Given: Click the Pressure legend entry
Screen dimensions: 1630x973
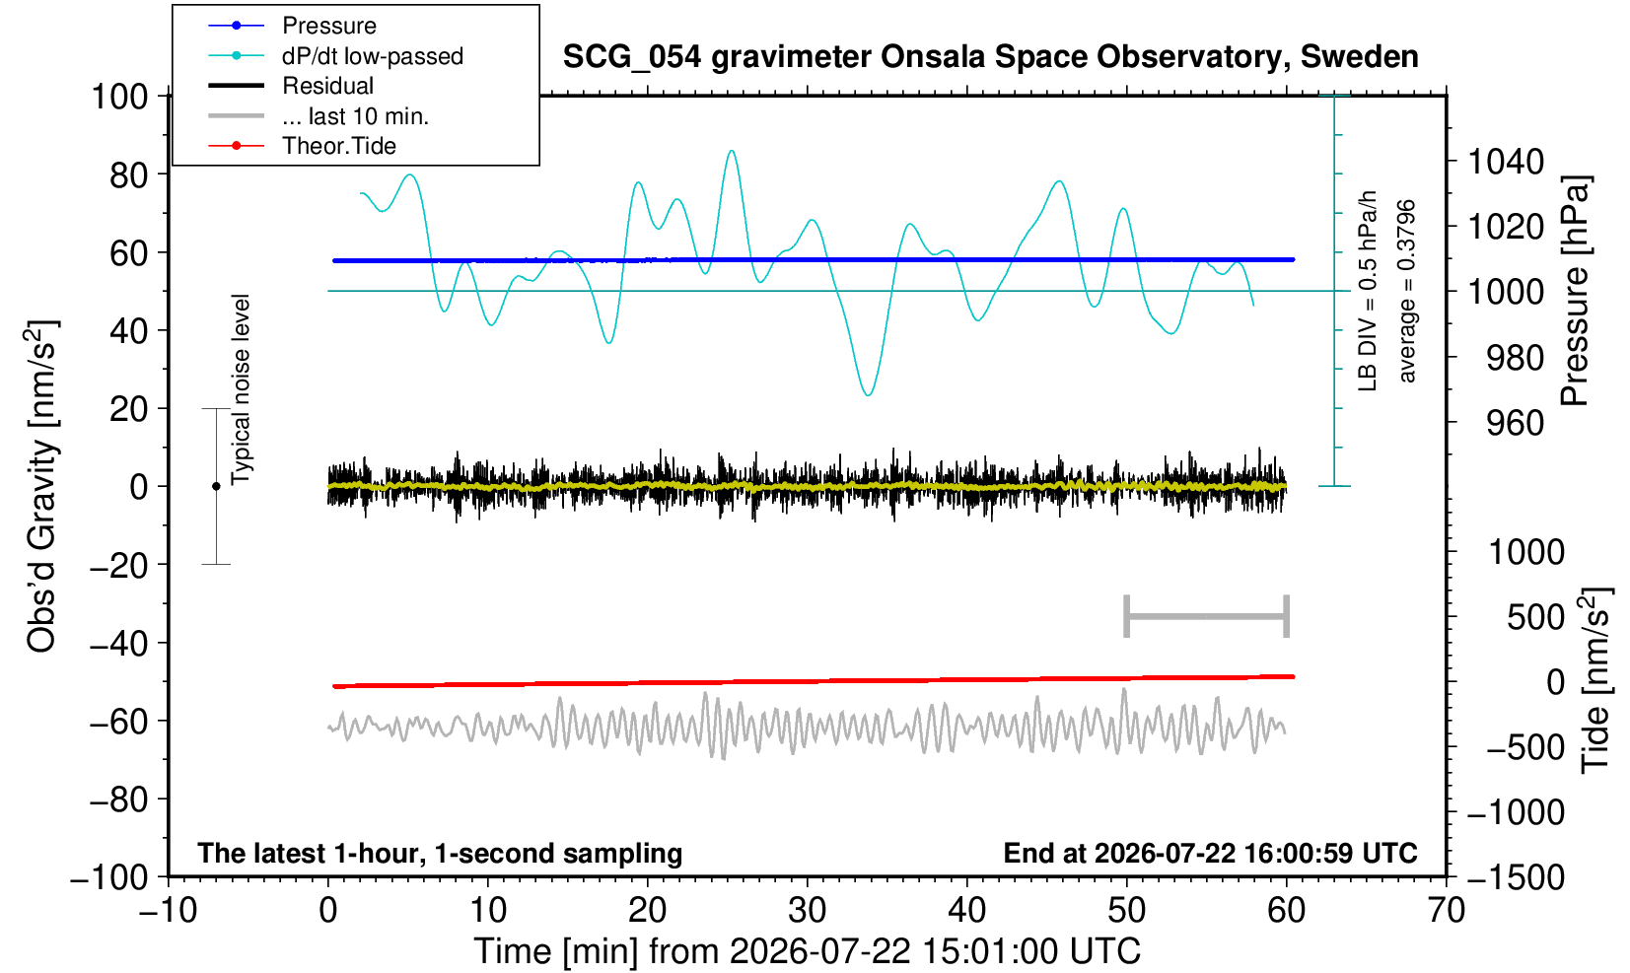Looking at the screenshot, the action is (293, 26).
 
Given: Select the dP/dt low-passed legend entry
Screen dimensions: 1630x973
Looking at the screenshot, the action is (335, 56).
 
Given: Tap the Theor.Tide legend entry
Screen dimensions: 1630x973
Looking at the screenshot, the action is (302, 146).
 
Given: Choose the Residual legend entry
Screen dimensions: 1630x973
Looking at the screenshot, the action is (291, 86).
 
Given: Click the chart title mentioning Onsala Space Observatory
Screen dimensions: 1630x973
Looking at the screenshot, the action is (990, 57).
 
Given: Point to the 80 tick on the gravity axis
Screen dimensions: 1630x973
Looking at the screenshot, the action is (129, 175).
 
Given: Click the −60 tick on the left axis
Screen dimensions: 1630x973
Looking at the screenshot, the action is (118, 722).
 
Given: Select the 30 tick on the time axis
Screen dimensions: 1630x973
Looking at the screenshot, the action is (807, 910).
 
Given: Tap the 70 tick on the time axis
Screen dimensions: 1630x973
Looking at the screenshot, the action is (1446, 910).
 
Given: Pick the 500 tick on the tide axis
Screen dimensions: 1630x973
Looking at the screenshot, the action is (1535, 618).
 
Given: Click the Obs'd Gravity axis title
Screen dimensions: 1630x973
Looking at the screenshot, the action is (41, 486).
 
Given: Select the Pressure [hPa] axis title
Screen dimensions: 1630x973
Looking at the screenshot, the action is (1576, 291).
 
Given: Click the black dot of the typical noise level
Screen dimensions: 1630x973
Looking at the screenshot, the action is (216, 486).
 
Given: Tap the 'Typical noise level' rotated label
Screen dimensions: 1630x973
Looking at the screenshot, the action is (241, 389).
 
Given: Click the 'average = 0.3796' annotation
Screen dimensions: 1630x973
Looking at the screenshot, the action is (1406, 291).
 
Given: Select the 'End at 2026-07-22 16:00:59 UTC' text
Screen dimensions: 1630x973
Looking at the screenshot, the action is (1210, 853).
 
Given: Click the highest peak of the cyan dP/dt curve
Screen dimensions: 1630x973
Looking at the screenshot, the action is (732, 151).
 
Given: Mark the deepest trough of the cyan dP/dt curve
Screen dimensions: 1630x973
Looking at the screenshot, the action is (868, 395).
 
